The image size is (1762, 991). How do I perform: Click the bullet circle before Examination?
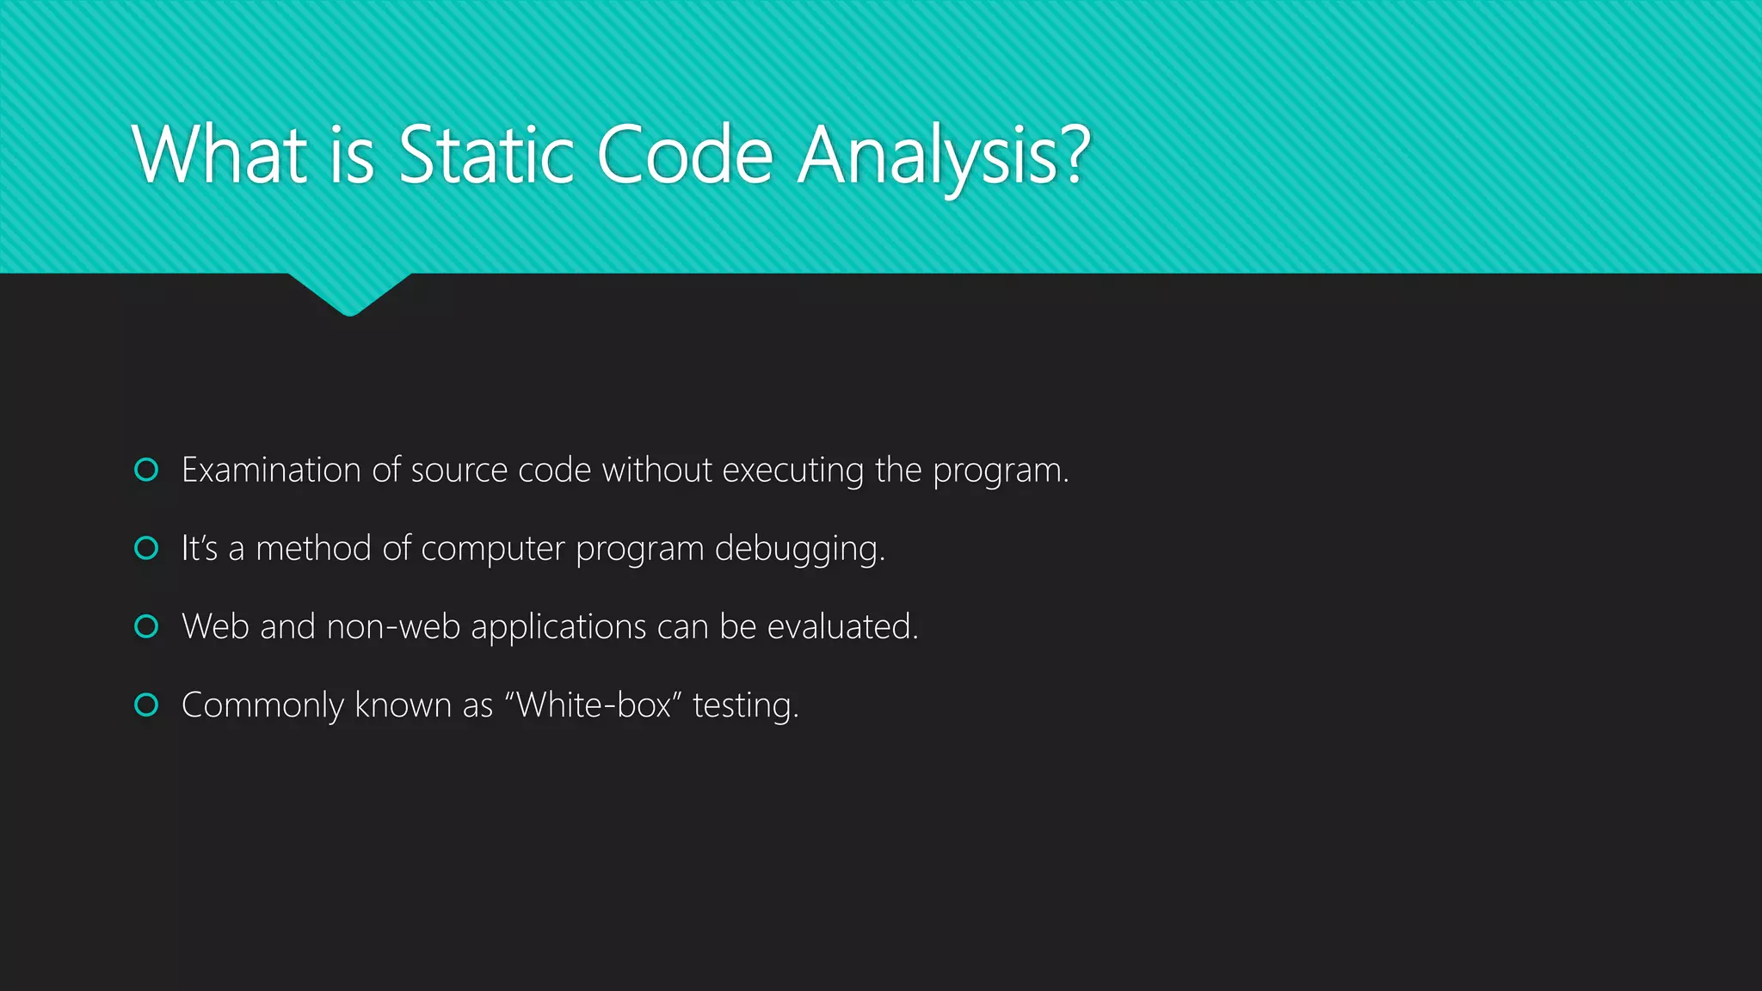(147, 470)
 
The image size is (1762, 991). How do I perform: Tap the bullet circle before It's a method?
(147, 548)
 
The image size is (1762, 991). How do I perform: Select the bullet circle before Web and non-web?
(147, 626)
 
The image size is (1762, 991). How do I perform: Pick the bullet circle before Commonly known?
(147, 705)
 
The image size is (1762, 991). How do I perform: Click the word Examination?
(271, 471)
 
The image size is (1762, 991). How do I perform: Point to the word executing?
(792, 471)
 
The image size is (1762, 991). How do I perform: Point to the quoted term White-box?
(593, 705)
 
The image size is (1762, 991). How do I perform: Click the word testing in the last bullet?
(745, 705)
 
